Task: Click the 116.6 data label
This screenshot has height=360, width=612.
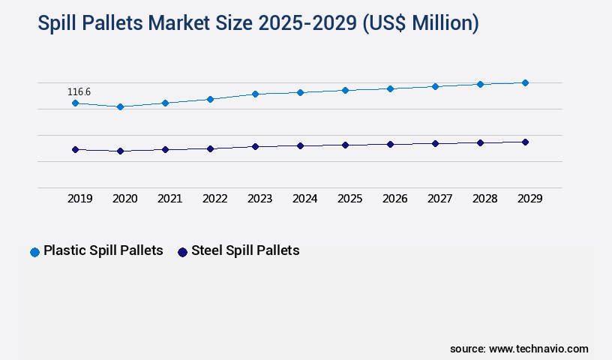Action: tap(79, 92)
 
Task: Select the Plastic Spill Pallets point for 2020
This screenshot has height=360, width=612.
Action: tap(120, 106)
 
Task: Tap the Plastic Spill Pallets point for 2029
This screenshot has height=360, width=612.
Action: tap(525, 82)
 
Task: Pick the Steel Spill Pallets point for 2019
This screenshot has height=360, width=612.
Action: tap(75, 149)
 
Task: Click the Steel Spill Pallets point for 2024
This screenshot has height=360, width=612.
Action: tap(300, 145)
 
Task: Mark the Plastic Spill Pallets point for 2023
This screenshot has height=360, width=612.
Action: tap(255, 94)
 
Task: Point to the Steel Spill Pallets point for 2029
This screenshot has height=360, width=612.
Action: tap(525, 142)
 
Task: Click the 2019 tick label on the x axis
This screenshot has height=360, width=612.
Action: tap(80, 199)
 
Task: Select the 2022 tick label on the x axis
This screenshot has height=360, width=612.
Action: tap(215, 199)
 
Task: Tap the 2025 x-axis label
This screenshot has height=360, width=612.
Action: tap(350, 199)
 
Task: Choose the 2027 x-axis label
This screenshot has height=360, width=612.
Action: tap(440, 199)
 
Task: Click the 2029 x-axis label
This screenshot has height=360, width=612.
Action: tap(530, 199)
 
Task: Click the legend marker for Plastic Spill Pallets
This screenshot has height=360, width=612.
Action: tap(34, 252)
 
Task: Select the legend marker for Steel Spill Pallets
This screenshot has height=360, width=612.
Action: tap(182, 252)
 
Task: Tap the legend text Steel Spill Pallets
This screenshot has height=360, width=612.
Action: tap(245, 250)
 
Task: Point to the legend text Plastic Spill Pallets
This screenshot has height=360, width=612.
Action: tap(103, 250)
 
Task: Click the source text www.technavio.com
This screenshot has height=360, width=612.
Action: tap(538, 349)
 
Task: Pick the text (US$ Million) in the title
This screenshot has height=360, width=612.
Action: tap(420, 24)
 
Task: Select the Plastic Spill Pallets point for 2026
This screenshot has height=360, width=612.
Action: tap(390, 88)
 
